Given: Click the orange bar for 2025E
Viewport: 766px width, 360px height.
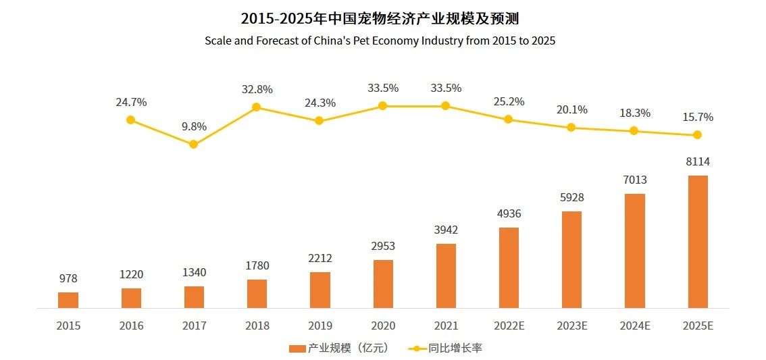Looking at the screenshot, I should [698, 242].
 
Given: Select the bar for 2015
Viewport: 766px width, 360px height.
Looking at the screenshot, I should [68, 300].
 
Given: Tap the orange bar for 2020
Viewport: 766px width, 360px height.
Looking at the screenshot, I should [383, 284].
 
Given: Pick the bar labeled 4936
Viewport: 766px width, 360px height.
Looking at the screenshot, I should [509, 267].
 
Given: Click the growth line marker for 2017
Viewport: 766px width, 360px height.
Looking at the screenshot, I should [193, 144].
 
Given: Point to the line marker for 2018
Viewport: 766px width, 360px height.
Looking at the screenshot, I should [257, 107].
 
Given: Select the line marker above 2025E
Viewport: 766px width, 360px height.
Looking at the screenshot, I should [698, 135].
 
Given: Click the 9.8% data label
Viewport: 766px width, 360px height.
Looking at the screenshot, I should [194, 126].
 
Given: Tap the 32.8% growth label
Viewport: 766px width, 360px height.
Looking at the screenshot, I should [257, 89].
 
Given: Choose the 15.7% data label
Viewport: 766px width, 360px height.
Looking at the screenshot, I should [698, 117].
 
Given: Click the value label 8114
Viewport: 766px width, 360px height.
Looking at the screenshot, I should [698, 162].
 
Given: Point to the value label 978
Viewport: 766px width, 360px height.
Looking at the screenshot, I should [68, 279].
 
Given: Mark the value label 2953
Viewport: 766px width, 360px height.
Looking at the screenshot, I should [383, 247].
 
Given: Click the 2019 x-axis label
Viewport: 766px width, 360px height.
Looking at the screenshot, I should [320, 326].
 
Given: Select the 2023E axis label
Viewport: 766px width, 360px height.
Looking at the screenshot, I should [571, 326].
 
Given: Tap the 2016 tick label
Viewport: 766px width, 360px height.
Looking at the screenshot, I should [131, 326].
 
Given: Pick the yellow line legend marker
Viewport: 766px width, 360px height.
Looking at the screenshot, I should [417, 349].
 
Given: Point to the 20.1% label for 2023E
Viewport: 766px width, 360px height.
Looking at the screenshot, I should [571, 109].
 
